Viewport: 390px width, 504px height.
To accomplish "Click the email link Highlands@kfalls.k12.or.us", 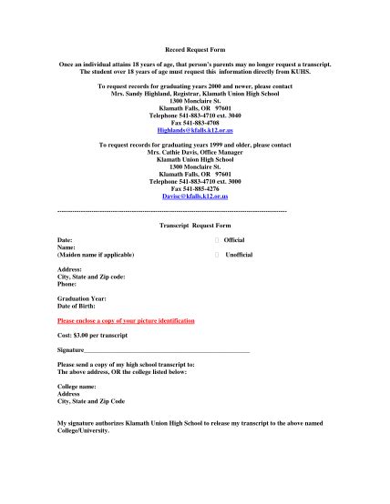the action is coord(194,129).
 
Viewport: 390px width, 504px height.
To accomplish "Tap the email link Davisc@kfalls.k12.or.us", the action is coord(194,197).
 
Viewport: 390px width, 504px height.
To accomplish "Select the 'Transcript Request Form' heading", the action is coord(195,224).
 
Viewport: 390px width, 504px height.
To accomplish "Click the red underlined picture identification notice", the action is coord(126,321).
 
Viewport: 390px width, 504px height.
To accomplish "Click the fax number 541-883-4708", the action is coord(194,122).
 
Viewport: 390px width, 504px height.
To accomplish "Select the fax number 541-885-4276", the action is coord(194,188).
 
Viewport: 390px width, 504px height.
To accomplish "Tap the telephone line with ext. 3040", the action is coord(194,115).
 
